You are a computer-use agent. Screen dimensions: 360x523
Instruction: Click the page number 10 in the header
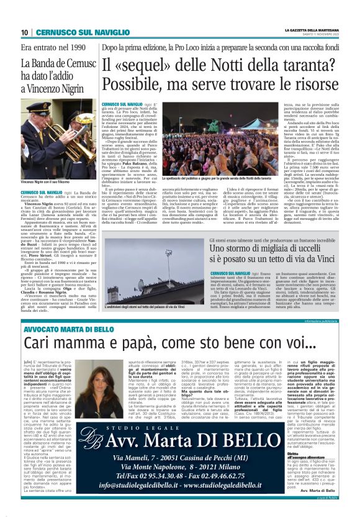point(25,32)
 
